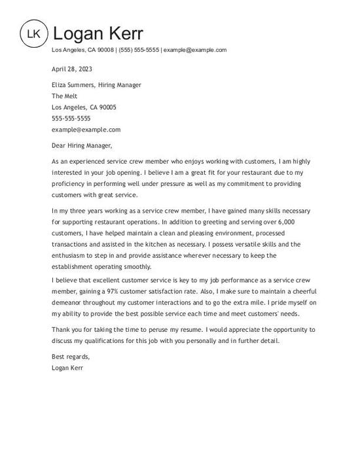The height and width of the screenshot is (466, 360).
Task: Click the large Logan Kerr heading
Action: pos(98,33)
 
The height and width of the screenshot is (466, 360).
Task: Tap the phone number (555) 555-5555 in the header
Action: pos(139,50)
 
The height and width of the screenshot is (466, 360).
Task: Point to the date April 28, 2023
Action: pos(72,69)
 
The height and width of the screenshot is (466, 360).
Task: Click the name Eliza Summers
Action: pos(74,85)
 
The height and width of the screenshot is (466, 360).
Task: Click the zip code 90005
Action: pos(107,107)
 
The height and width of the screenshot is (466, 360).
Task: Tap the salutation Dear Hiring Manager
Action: pos(82,145)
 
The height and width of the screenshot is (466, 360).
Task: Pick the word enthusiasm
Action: pos(73,255)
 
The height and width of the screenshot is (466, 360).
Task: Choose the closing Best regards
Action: pos(70,357)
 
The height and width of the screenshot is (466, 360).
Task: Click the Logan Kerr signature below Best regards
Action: pos(67,368)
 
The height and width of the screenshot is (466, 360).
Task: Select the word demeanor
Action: pos(67,302)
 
